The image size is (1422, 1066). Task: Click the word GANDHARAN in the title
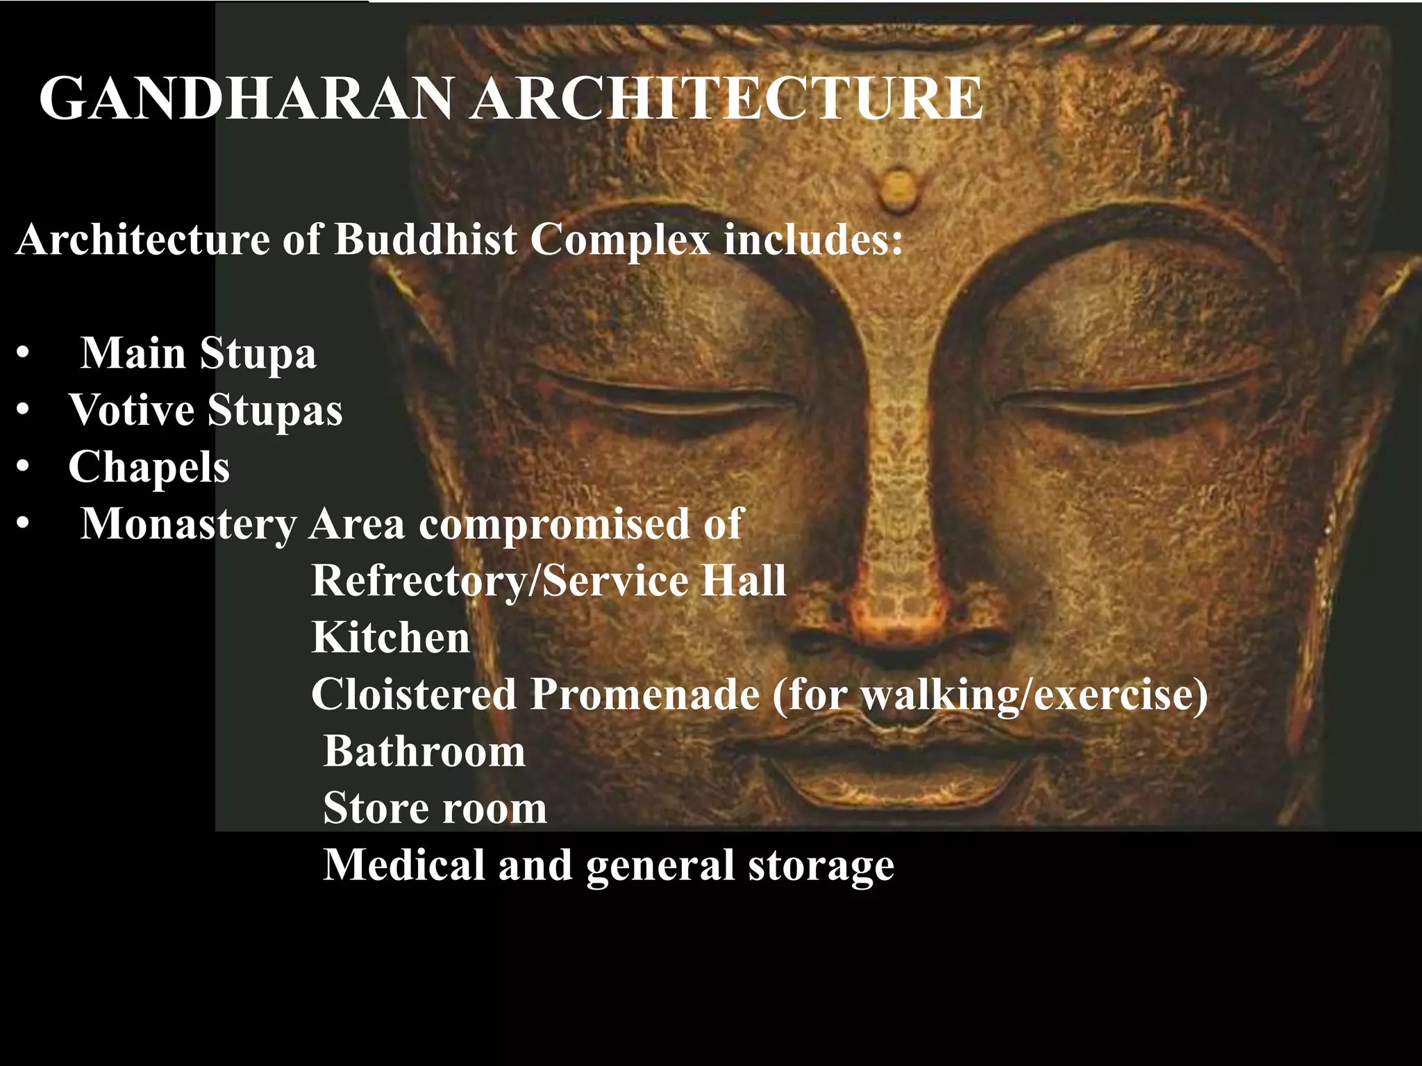click(x=246, y=99)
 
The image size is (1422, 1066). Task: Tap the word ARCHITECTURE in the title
click(x=726, y=99)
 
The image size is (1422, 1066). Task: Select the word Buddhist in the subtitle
click(x=426, y=240)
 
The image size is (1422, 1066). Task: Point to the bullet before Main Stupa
click(x=24, y=354)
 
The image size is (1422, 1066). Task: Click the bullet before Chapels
click(x=24, y=468)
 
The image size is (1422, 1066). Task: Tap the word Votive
click(x=131, y=409)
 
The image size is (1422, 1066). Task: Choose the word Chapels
click(x=149, y=467)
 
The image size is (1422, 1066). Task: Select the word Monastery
click(x=188, y=524)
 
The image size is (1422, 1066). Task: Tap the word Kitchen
click(x=391, y=637)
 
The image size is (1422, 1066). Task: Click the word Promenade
click(x=645, y=694)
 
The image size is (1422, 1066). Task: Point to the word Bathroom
click(x=424, y=751)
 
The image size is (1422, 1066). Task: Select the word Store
click(x=375, y=808)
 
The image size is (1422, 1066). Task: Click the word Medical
click(x=404, y=865)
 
